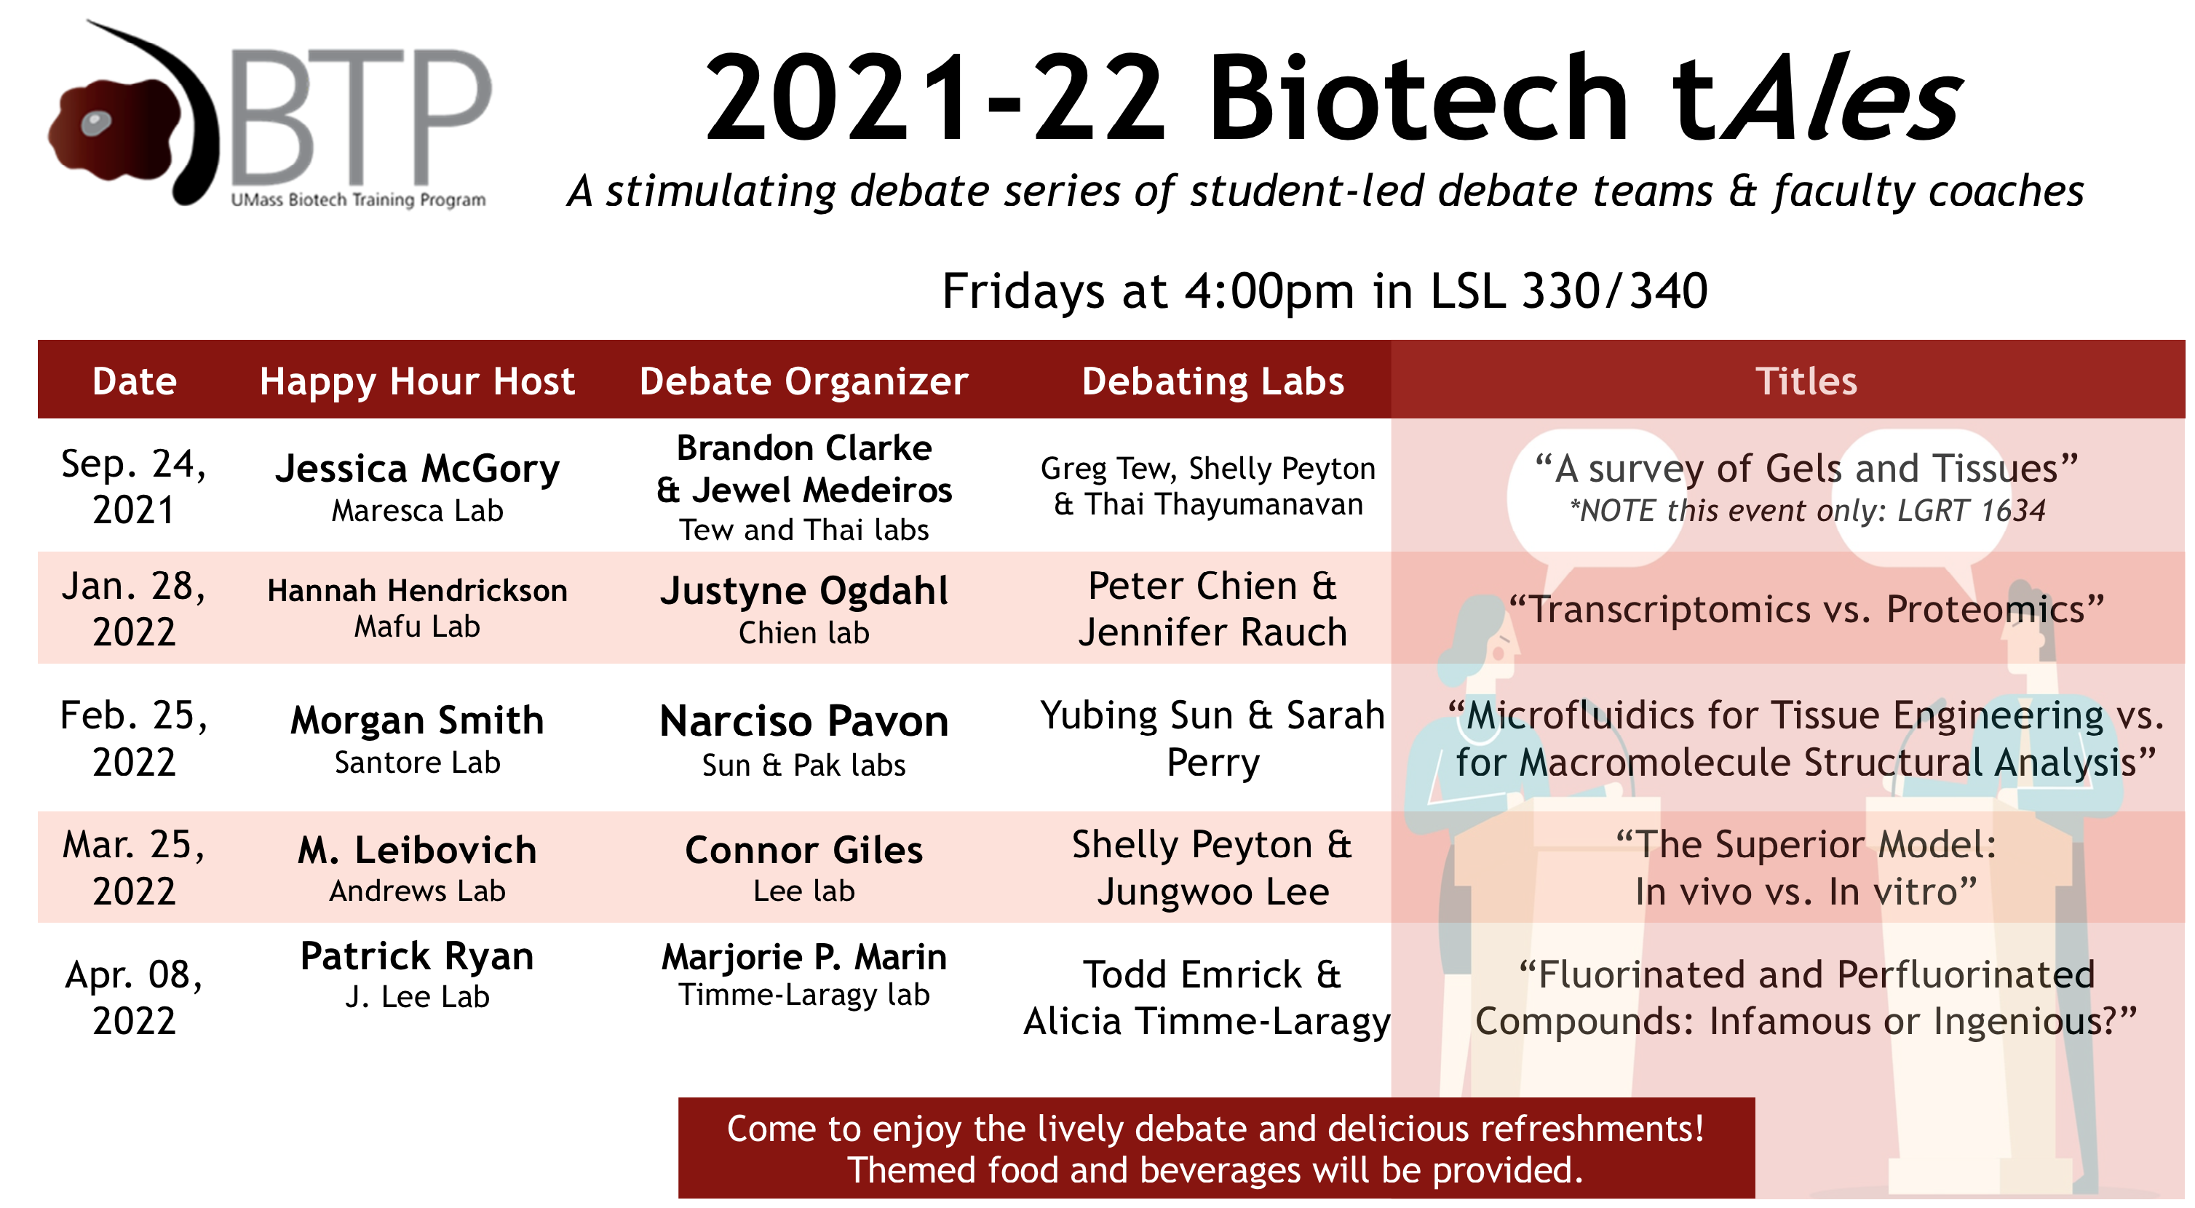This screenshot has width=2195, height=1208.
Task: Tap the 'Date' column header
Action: (x=135, y=381)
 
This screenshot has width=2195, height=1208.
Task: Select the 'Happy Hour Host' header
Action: (x=417, y=381)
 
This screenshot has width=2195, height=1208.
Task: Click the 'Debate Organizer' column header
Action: (x=803, y=381)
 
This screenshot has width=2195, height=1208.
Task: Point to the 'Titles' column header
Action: (x=1806, y=381)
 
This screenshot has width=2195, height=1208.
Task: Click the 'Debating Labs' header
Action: (x=1212, y=381)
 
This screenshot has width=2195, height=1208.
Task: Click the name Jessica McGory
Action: (x=418, y=469)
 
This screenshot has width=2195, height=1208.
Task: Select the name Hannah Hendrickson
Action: (x=418, y=589)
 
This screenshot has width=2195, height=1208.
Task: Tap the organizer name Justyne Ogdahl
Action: (x=803, y=591)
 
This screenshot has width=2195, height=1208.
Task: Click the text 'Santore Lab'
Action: (x=418, y=763)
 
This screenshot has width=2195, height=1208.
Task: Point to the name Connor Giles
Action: (x=803, y=850)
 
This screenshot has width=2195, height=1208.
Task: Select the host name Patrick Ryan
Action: (x=418, y=955)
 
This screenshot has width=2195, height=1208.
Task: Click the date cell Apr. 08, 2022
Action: (x=134, y=997)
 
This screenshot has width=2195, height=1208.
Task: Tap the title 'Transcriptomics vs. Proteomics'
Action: (x=1806, y=609)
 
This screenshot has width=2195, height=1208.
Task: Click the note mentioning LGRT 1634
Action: (x=1806, y=510)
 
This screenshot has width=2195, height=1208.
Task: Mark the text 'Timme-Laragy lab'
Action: (x=803, y=995)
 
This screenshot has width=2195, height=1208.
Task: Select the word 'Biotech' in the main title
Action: (x=1418, y=99)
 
